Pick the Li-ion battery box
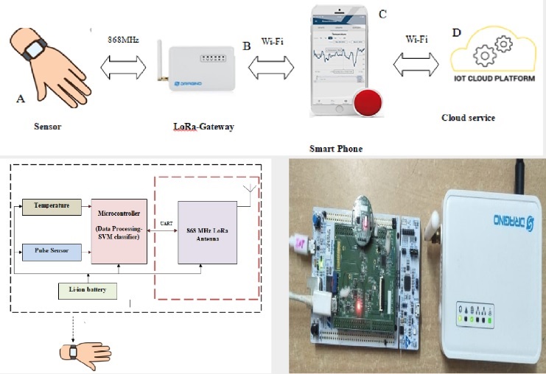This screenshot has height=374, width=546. click(87, 289)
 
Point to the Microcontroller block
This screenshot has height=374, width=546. click(118, 230)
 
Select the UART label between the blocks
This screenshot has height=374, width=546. click(163, 222)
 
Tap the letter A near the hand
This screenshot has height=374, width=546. click(20, 97)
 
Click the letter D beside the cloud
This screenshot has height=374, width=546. click(456, 33)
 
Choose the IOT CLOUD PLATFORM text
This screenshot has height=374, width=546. click(495, 77)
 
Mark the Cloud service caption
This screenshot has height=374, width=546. click(468, 118)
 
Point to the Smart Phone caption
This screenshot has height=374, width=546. click(336, 148)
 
